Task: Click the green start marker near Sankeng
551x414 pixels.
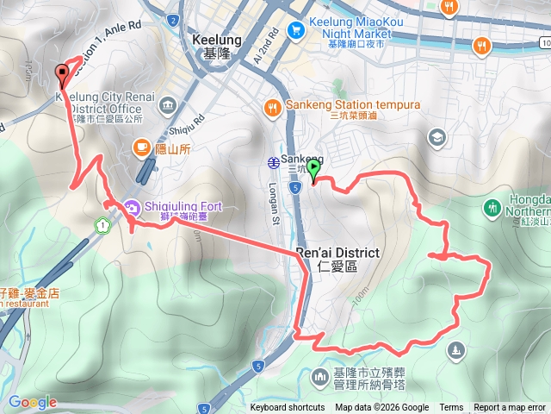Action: tap(314, 169)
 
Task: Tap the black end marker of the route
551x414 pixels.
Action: tap(62, 75)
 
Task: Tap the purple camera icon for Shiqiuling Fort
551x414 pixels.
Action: tap(132, 207)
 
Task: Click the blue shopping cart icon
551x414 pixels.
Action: tap(295, 29)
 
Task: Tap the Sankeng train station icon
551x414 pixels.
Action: tap(272, 160)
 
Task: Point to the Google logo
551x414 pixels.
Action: tap(32, 402)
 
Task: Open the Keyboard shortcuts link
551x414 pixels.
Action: tap(288, 408)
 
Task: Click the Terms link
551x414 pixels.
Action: tap(451, 408)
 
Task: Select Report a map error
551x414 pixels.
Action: tap(511, 408)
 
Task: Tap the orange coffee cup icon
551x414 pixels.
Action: tap(140, 148)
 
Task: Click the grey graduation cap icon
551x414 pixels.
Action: tap(438, 137)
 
